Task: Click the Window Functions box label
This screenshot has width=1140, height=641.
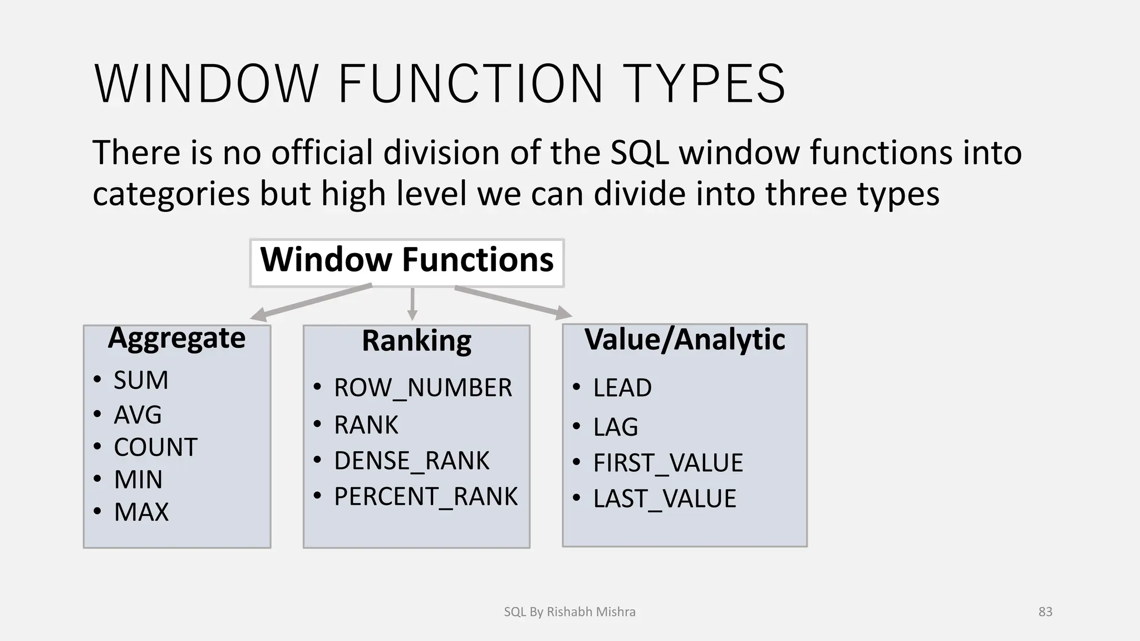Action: pyautogui.click(x=407, y=260)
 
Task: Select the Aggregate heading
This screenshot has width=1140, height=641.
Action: pyautogui.click(x=176, y=338)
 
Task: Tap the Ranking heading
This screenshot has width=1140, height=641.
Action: pyautogui.click(x=416, y=341)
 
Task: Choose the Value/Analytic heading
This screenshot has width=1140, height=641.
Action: pyautogui.click(x=685, y=339)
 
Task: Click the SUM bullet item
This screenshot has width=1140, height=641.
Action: pyautogui.click(x=141, y=381)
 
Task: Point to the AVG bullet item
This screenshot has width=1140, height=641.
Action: pyautogui.click(x=137, y=415)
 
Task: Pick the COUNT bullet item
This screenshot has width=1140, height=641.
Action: pyautogui.click(x=155, y=447)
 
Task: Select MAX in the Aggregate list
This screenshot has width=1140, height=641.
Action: pyautogui.click(x=141, y=512)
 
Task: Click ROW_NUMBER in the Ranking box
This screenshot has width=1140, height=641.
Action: pyautogui.click(x=422, y=388)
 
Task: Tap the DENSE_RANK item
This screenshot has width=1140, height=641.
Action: pyautogui.click(x=411, y=461)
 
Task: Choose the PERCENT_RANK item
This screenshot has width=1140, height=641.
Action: pyautogui.click(x=425, y=496)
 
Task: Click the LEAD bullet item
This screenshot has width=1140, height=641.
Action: pyautogui.click(x=622, y=388)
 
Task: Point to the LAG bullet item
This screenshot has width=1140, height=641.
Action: pyautogui.click(x=616, y=427)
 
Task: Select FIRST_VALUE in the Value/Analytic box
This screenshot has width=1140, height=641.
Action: pyautogui.click(x=668, y=463)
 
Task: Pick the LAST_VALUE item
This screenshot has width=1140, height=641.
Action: pyautogui.click(x=665, y=499)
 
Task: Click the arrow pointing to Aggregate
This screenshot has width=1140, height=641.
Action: pyautogui.click(x=312, y=302)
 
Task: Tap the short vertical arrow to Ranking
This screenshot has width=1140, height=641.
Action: pyautogui.click(x=412, y=304)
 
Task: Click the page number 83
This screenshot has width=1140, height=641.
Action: pyautogui.click(x=1045, y=612)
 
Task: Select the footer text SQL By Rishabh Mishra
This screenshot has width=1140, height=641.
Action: pyautogui.click(x=569, y=612)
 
